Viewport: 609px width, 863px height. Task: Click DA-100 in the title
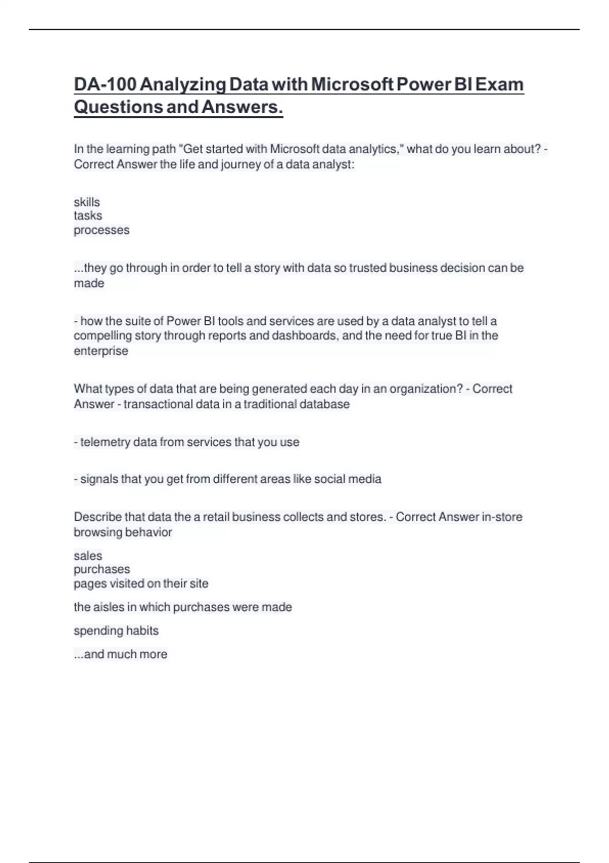[x=105, y=84]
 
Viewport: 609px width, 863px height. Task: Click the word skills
[x=87, y=202]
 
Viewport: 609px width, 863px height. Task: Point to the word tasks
[x=88, y=216]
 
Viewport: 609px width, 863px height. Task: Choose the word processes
[x=101, y=230]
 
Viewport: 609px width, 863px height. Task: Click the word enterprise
[x=101, y=351]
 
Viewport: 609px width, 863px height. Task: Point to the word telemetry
[x=105, y=442]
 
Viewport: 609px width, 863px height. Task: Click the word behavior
[x=149, y=532]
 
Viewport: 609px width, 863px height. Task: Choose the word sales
[x=88, y=556]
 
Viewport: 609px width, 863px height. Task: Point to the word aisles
[x=110, y=607]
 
